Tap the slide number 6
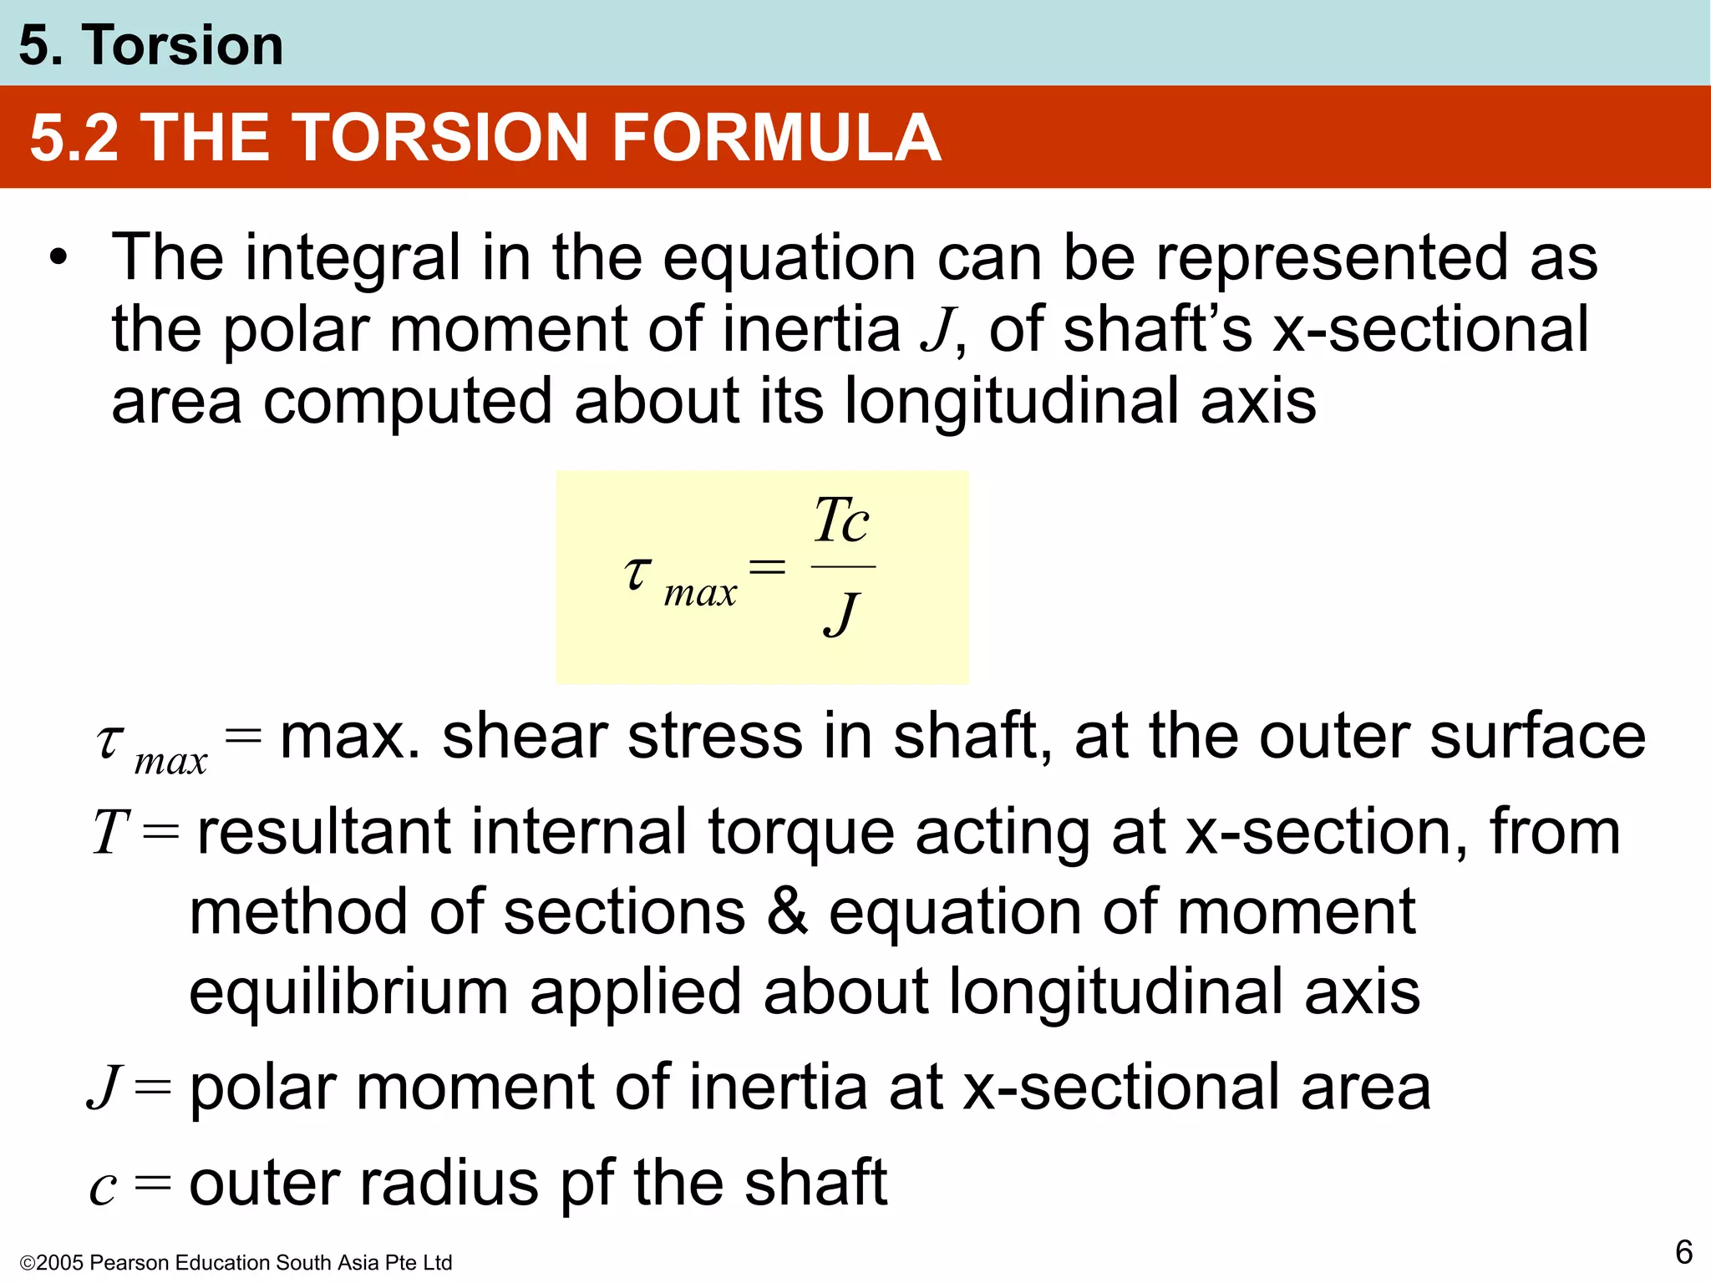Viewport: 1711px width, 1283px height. (1683, 1252)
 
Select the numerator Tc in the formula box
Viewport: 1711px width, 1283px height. (841, 520)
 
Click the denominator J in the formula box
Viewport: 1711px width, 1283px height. (840, 615)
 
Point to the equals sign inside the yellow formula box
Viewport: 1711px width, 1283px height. (767, 568)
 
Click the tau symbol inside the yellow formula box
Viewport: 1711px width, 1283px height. (637, 573)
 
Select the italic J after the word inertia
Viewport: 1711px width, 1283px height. (937, 331)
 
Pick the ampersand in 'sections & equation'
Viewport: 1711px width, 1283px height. (787, 911)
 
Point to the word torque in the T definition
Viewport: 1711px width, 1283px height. (800, 834)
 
